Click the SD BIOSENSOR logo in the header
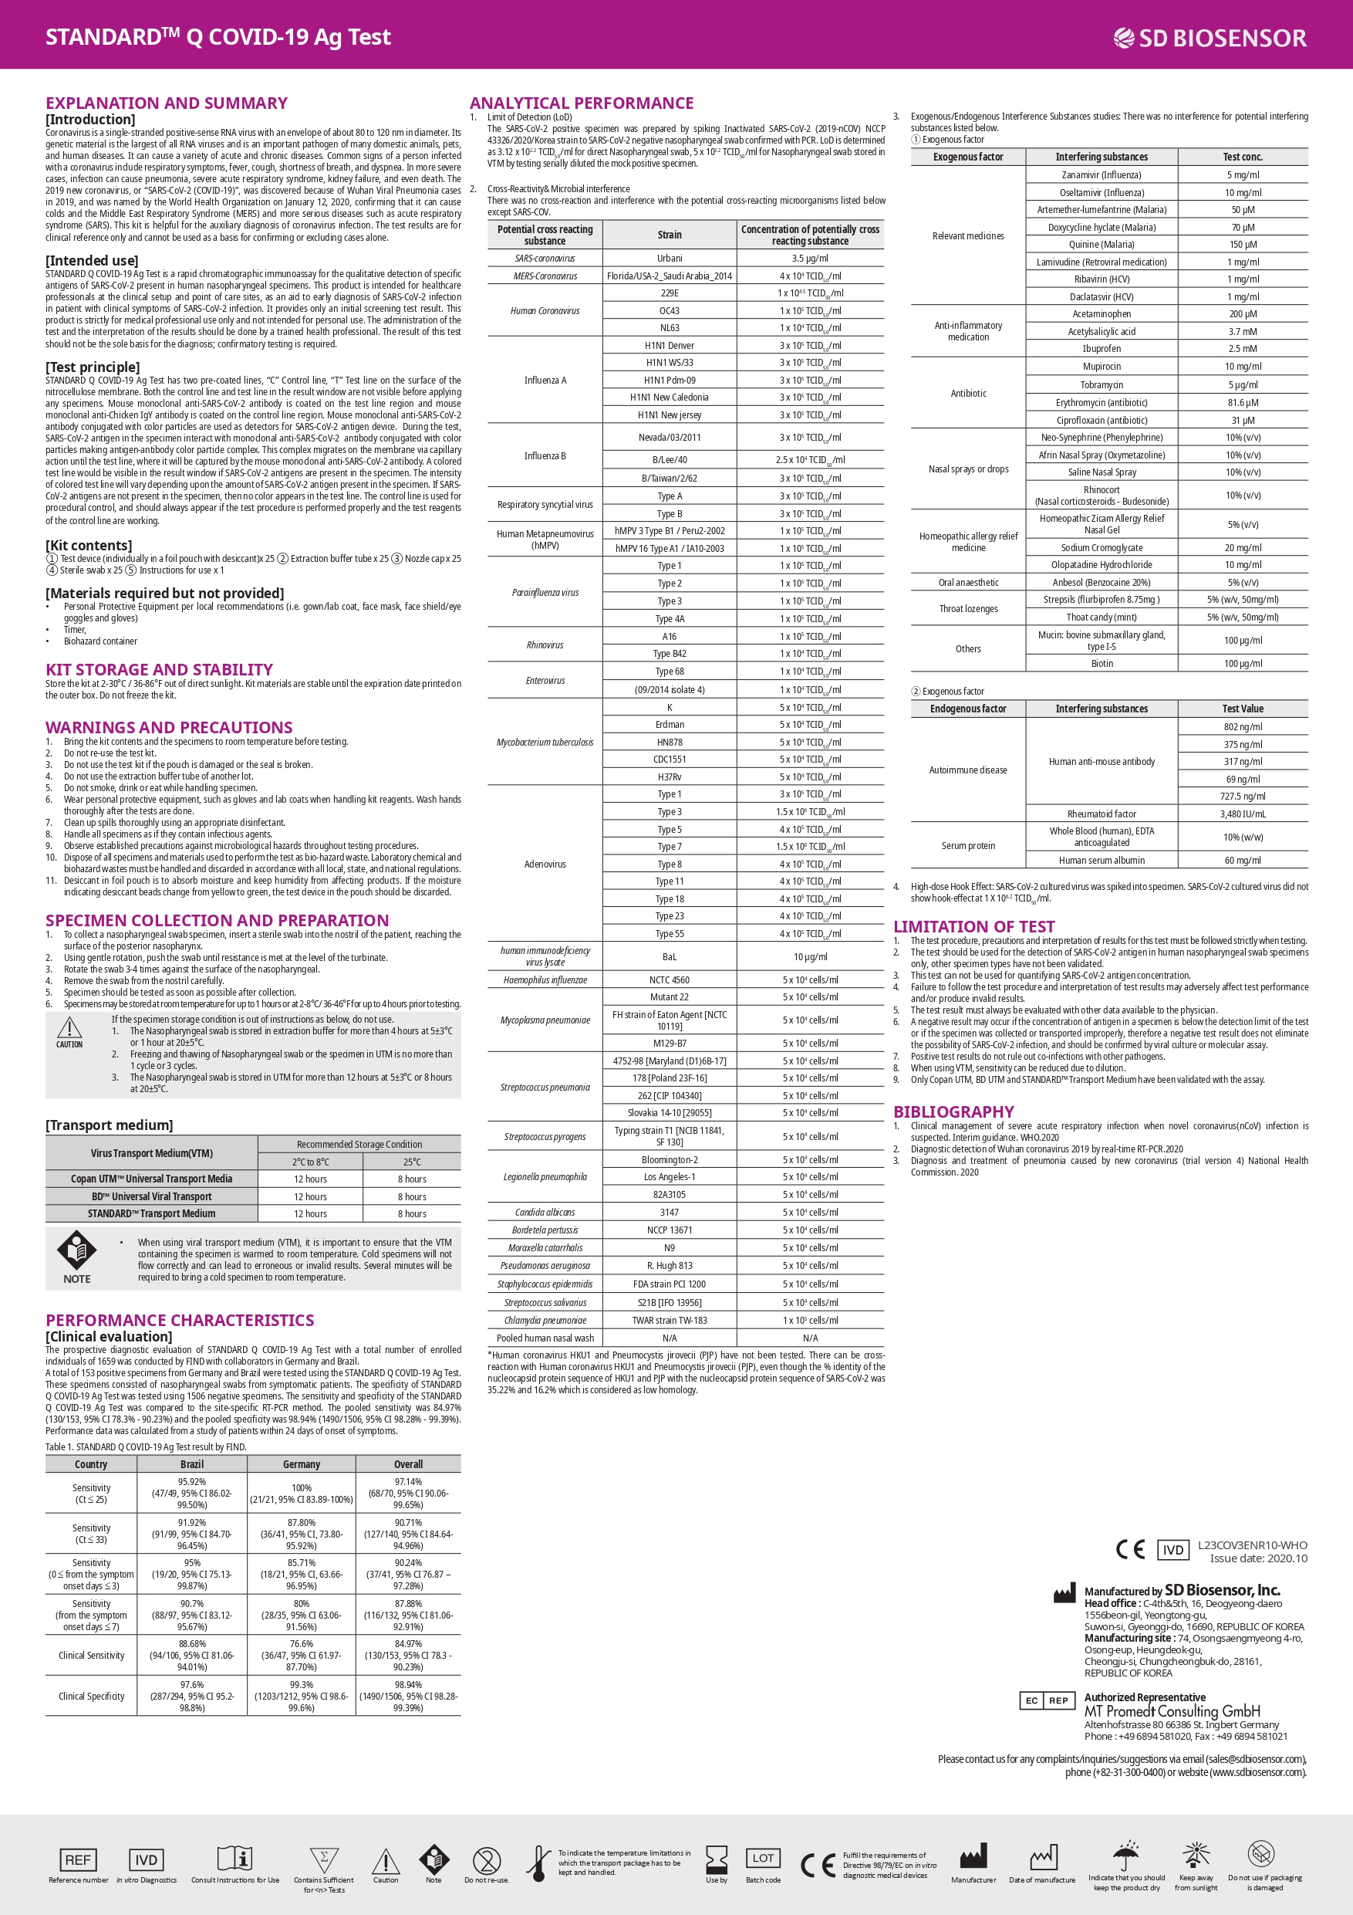point(1210,38)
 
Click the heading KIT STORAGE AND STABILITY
point(159,670)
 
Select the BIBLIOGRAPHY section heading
point(953,1111)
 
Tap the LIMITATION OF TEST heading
point(973,927)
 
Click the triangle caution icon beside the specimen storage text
point(69,1029)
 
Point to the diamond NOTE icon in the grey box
point(76,1250)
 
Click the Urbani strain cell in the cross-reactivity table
point(670,259)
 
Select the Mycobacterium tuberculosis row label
point(545,743)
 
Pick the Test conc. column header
point(1242,157)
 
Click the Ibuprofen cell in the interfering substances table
point(1102,349)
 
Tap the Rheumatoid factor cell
point(1102,814)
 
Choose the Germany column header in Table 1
point(301,1463)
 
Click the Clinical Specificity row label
point(91,1697)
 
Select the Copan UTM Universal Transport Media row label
point(151,1179)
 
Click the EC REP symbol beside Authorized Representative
point(1044,1700)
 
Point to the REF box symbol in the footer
point(79,1859)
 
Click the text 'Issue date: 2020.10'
point(1258,1558)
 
